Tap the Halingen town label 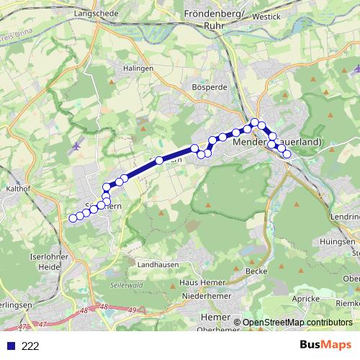click(x=138, y=68)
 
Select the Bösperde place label click(x=210, y=87)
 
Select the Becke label click(x=256, y=271)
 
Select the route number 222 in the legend click(x=30, y=346)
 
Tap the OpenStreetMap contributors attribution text click(x=297, y=323)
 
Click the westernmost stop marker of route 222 click(x=72, y=218)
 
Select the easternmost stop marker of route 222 click(x=287, y=154)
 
